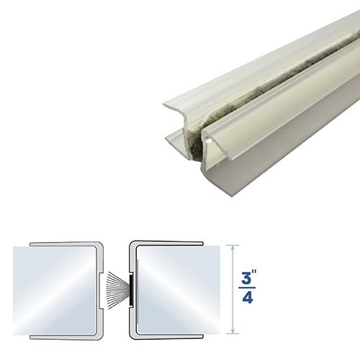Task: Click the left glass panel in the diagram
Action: [54, 289]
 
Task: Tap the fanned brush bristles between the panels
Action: [114, 289]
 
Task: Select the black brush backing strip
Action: [130, 289]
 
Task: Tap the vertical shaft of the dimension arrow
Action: [231, 289]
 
